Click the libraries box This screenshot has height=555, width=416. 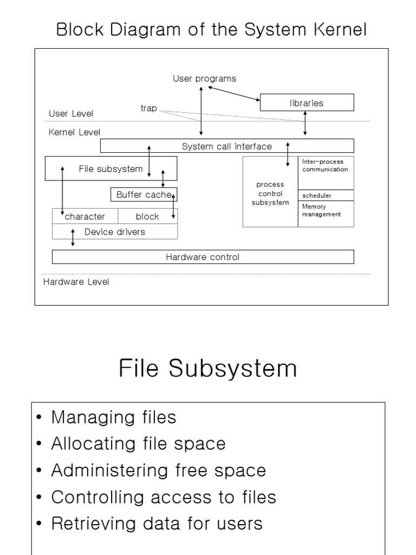coord(307,102)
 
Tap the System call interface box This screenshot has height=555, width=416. coord(227,146)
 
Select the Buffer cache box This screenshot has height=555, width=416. coord(144,195)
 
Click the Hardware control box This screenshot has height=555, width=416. coord(203,257)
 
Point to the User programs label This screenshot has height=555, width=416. coord(204,79)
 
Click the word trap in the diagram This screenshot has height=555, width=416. coord(148,108)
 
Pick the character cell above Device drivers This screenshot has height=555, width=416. coord(84,216)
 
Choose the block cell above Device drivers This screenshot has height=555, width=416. coord(147,216)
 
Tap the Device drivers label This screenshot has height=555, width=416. coord(115,232)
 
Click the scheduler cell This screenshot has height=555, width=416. coord(317,195)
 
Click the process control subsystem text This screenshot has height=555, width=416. coord(270,193)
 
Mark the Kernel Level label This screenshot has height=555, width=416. coord(74,132)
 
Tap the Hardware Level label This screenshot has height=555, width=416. coord(76,282)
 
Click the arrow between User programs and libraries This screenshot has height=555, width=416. coord(234,93)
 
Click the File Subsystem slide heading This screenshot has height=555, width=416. coord(207,369)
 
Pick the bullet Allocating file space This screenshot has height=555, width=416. coord(138,444)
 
